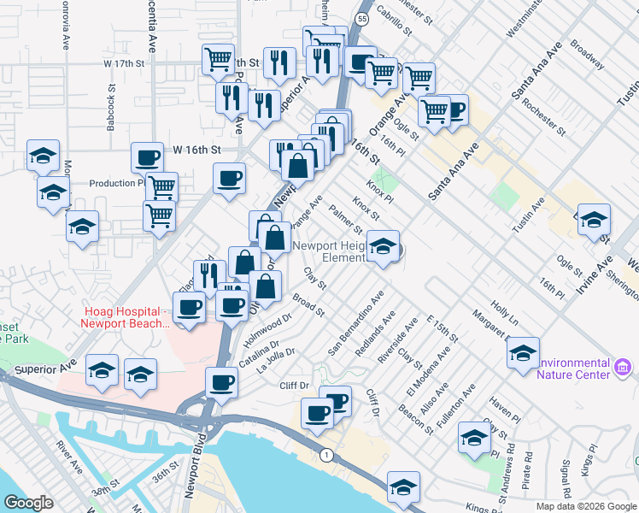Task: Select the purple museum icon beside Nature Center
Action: coord(623,369)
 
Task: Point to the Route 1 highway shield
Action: coord(325,455)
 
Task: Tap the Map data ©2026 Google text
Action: coord(585,506)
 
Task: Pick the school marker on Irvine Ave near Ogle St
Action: coord(594,221)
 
